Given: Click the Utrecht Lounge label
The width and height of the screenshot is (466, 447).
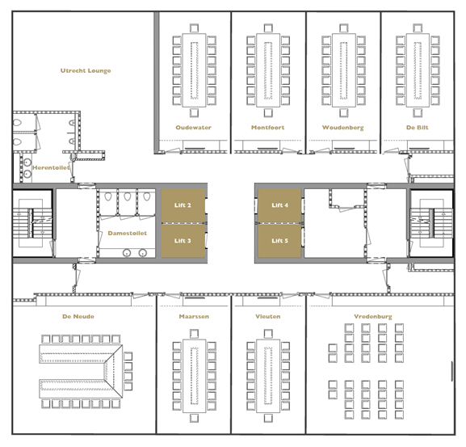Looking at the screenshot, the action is [86, 71].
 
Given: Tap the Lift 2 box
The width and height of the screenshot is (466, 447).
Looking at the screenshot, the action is [183, 205].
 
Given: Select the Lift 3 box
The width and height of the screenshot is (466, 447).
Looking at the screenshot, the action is [183, 241].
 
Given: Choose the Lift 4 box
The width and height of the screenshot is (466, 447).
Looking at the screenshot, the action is [279, 205].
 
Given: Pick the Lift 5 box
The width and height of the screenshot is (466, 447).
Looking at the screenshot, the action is [279, 241].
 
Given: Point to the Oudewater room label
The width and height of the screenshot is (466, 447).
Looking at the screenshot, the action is [194, 128].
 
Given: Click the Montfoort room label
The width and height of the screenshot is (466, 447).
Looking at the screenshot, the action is [268, 128].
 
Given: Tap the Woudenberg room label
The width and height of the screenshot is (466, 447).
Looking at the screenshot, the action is [343, 128].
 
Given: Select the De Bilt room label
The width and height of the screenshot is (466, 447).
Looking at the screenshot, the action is [418, 128].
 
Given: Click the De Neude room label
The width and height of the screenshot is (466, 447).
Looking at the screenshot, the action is [78, 316].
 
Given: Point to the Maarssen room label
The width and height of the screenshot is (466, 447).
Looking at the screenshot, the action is [194, 316].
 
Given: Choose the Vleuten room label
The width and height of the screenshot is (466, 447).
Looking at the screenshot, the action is [268, 316].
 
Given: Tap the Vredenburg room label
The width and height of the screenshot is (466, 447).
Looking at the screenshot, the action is [373, 317].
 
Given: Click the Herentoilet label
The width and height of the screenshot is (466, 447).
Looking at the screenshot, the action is [51, 168].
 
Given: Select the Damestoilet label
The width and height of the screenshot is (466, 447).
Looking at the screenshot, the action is [127, 233].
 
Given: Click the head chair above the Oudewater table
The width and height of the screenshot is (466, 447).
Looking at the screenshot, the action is [194, 28].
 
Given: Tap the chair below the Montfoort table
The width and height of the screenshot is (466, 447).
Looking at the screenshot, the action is [268, 112].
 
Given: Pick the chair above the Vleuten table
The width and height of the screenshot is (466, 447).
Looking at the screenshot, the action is [268, 334].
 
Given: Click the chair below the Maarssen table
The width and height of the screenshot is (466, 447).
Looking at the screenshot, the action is [194, 418].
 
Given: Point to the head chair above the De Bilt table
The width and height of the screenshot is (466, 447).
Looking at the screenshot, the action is [418, 28].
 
